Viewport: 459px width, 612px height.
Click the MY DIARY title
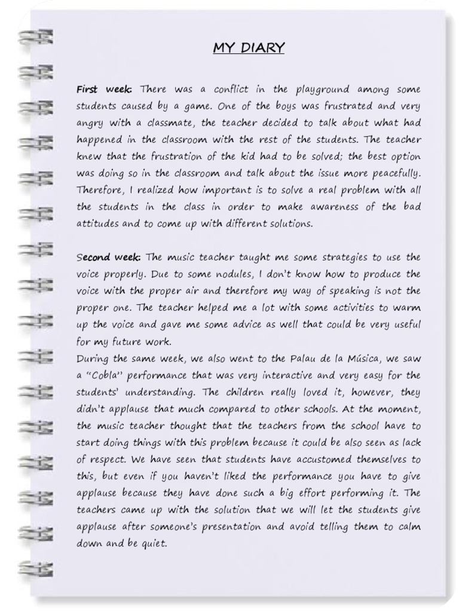pos(249,48)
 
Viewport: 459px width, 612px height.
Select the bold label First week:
pos(104,90)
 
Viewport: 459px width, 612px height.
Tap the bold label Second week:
pos(108,258)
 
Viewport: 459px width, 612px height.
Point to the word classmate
pos(168,123)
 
